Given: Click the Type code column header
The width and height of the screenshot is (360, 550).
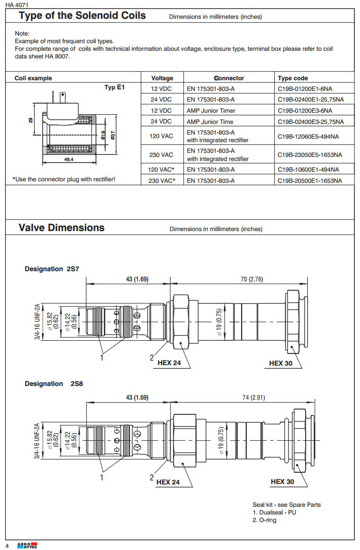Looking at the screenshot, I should (x=292, y=78).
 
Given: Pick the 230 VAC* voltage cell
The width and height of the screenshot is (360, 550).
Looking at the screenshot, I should (x=162, y=180).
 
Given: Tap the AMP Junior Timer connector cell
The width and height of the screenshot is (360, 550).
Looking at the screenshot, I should (x=211, y=110).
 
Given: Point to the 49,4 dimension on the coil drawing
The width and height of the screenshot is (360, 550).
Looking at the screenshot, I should (x=69, y=159).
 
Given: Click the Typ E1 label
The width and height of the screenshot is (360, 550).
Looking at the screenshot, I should (x=114, y=88).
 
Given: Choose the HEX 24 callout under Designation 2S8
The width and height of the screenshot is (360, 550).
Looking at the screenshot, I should (x=168, y=482).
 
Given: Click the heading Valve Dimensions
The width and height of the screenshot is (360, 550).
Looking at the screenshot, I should (x=61, y=228).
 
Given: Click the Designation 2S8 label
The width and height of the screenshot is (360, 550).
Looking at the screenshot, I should (x=53, y=383).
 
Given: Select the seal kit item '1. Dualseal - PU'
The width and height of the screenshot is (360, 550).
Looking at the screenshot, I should (x=274, y=512).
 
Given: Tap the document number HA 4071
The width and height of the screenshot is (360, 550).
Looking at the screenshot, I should (x=17, y=5).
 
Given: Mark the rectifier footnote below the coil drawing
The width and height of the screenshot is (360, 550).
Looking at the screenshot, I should (x=67, y=179).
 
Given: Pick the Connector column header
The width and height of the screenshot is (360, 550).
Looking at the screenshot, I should (x=229, y=78).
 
